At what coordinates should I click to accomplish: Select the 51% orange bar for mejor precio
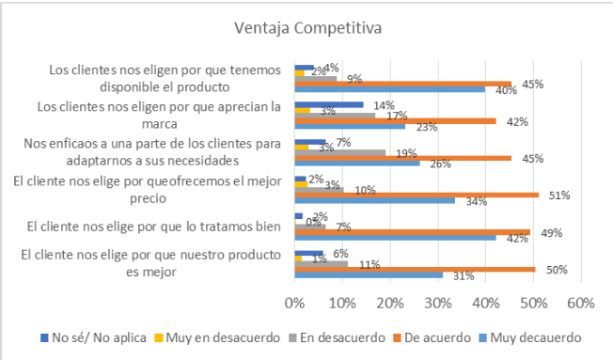pyautogui.click(x=417, y=195)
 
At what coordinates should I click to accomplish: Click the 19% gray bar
pyautogui.click(x=340, y=152)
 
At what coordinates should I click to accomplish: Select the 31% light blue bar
pyautogui.click(x=369, y=275)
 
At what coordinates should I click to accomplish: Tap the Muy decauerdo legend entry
pyautogui.click(x=531, y=337)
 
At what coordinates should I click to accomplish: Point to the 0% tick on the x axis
pyautogui.click(x=295, y=303)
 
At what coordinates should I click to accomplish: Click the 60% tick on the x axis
pyautogui.click(x=580, y=303)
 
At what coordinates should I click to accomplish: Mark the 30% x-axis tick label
pyautogui.click(x=438, y=303)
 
